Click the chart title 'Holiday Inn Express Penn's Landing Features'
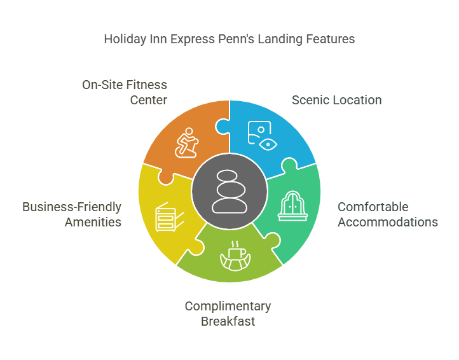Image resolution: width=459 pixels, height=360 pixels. click(229, 39)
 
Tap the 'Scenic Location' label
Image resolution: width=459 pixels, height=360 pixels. click(337, 100)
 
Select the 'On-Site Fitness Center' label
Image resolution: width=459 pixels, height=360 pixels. click(125, 92)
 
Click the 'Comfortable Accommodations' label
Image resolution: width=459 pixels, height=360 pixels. click(388, 214)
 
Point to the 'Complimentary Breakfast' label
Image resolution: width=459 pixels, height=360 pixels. click(228, 314)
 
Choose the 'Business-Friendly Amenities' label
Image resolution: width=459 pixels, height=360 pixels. click(72, 214)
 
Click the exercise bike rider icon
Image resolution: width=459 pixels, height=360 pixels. click(186, 142)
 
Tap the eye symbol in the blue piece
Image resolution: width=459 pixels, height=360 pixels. click(268, 144)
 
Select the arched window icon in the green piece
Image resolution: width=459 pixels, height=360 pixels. click(292, 206)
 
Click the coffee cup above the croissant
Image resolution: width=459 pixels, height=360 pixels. click(237, 253)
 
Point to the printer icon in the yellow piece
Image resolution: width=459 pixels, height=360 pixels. click(170, 217)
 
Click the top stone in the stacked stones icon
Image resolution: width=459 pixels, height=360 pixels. click(227, 176)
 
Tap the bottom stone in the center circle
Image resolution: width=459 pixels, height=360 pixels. click(229, 205)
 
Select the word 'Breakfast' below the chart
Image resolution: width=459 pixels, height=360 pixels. click(228, 321)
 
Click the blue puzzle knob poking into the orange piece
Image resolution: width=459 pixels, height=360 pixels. click(222, 127)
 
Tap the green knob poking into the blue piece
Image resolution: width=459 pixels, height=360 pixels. click(289, 164)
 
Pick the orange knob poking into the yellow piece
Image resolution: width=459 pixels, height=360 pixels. click(166, 178)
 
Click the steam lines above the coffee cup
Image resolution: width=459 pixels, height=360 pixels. click(235, 244)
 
